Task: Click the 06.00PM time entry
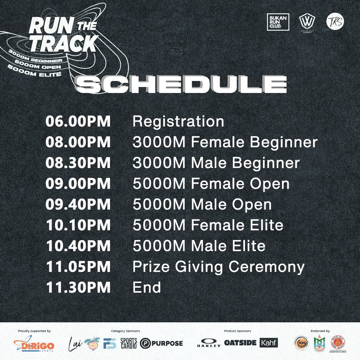click(78, 121)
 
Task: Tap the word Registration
click(178, 121)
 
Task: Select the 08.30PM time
click(78, 163)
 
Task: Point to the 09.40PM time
click(78, 205)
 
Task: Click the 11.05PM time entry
click(78, 267)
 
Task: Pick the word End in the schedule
click(147, 288)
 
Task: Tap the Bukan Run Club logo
click(278, 22)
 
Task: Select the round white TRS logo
click(335, 21)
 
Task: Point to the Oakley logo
click(209, 343)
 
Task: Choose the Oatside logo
click(240, 343)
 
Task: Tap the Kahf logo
click(269, 343)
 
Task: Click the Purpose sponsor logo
click(162, 343)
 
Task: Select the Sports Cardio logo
click(128, 343)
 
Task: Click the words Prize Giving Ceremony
click(218, 267)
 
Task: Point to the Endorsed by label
click(320, 331)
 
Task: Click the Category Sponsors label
click(125, 331)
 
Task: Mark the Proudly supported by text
click(34, 331)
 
